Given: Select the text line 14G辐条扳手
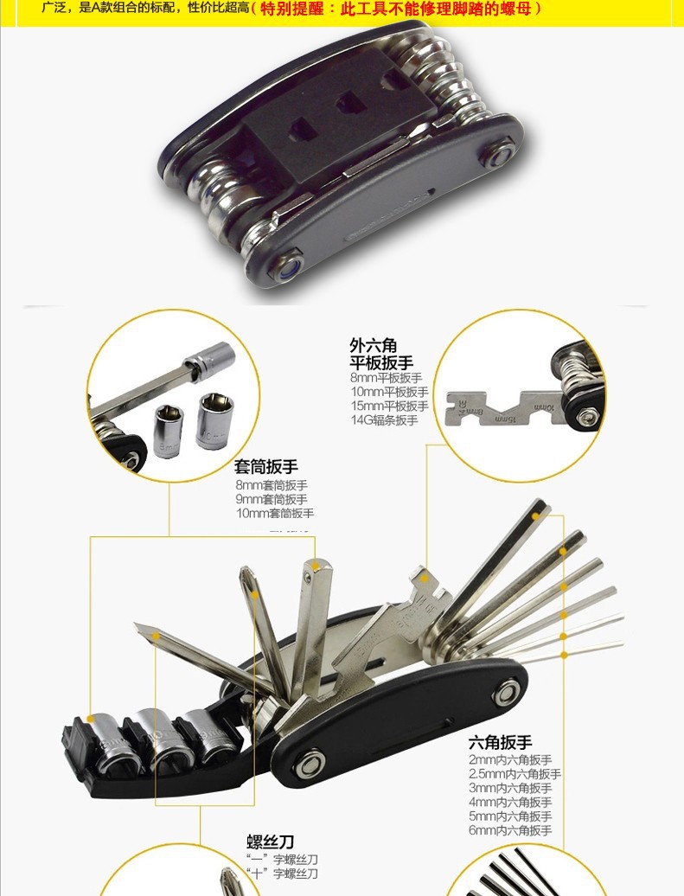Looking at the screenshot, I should pyautogui.click(x=383, y=420).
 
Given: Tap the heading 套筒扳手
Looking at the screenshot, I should pyautogui.click(x=266, y=467).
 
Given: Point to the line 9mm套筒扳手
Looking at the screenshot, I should pyautogui.click(x=271, y=499).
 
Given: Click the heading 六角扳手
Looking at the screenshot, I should pyautogui.click(x=500, y=742).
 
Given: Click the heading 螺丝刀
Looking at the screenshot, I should pyautogui.click(x=271, y=842).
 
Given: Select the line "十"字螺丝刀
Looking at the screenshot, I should pyautogui.click(x=282, y=874).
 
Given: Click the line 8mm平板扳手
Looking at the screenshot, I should pyautogui.click(x=386, y=378).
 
